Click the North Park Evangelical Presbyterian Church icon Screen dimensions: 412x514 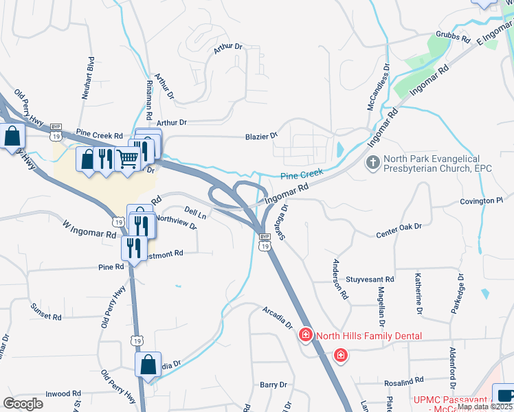373,163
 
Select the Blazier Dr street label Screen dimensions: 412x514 261,136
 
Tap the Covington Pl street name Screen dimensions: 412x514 481,201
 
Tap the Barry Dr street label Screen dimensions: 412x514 273,385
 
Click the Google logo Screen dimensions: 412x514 23,403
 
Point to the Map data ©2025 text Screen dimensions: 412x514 485,407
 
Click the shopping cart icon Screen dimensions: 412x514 128,159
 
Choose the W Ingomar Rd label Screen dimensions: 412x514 89,229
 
